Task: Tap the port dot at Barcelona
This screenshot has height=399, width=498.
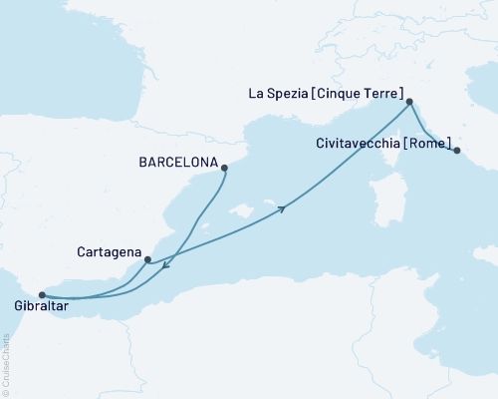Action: coord(225,168)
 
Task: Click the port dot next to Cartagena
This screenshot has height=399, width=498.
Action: coord(147,261)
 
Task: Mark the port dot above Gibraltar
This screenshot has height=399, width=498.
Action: coord(41,294)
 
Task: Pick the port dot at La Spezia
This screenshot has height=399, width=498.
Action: coord(409,102)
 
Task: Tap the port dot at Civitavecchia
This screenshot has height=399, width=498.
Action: coord(457,151)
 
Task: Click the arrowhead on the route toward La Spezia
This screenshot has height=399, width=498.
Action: coord(285,208)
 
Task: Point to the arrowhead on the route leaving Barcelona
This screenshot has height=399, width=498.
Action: coord(165,264)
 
